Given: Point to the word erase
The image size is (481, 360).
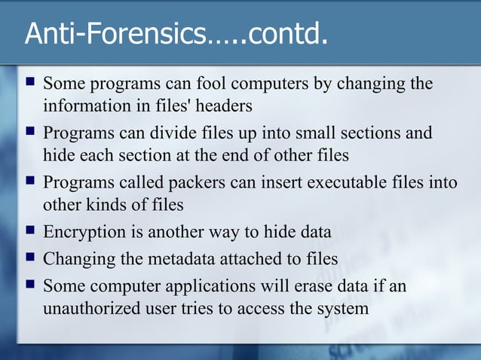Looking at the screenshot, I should click(340, 285).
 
